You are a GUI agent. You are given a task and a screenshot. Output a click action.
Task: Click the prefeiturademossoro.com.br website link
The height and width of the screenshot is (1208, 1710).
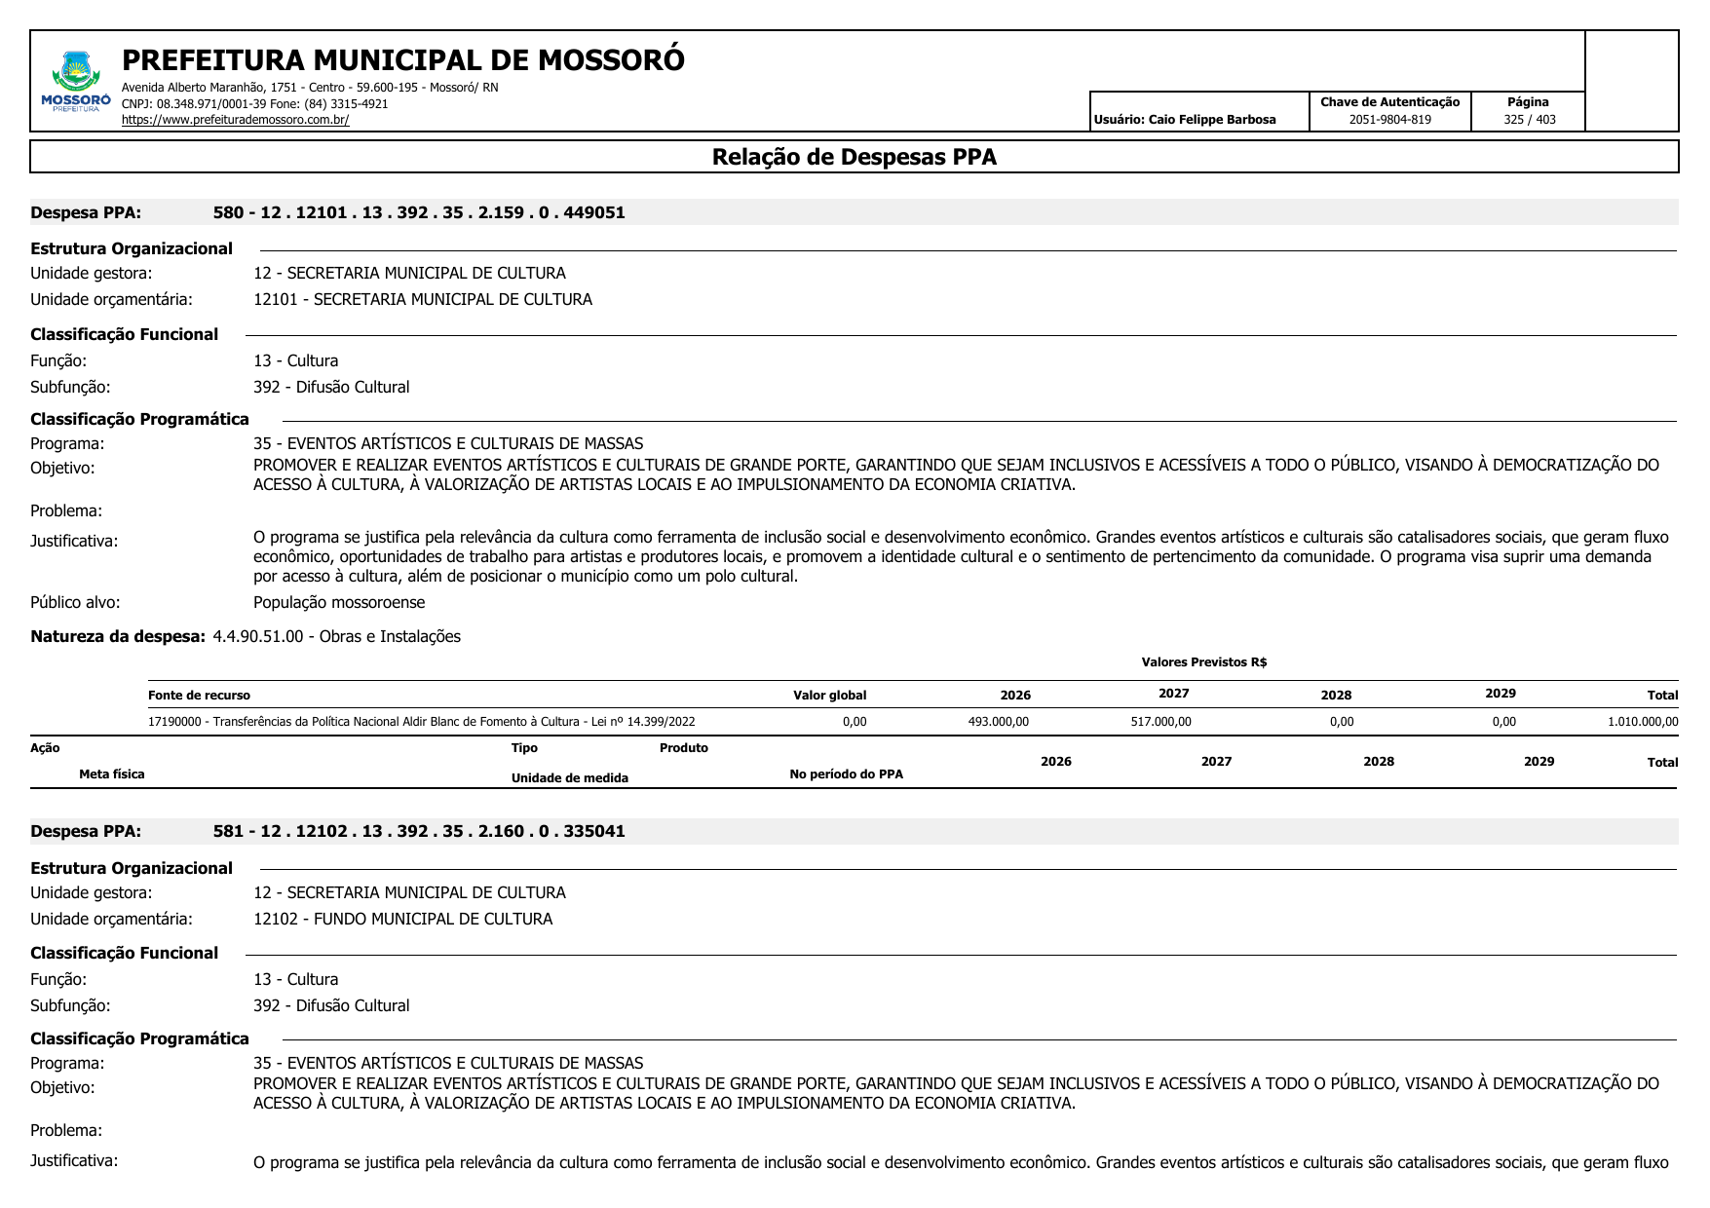[235, 120]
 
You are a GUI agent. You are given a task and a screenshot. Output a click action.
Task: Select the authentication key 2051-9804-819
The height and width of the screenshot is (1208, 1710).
[1389, 120]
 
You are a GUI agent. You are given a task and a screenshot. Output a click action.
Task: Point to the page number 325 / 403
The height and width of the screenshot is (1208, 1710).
[1529, 120]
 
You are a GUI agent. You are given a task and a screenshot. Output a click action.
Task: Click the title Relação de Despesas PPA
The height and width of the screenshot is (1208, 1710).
[854, 157]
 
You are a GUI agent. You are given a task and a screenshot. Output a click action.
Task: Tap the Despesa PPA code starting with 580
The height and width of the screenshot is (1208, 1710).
[419, 212]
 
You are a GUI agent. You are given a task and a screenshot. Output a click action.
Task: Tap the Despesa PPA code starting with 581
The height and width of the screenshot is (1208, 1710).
[419, 831]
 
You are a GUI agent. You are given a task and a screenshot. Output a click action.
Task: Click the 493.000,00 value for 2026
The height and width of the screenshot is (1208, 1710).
[998, 722]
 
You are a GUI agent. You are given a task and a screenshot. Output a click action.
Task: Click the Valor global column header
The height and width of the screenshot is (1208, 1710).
[829, 696]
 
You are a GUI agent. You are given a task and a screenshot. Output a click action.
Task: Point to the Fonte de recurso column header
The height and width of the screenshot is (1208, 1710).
[199, 696]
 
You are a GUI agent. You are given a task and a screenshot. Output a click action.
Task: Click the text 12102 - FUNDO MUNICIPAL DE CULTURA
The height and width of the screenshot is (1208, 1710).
[402, 919]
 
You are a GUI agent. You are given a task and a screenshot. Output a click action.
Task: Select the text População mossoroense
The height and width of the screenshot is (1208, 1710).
[339, 602]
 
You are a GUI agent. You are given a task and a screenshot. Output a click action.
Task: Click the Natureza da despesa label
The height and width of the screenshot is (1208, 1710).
[118, 636]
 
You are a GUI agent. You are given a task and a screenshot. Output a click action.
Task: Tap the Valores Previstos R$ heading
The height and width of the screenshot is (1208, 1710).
[1203, 662]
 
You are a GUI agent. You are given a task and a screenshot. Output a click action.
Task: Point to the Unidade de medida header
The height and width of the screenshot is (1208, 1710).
[569, 777]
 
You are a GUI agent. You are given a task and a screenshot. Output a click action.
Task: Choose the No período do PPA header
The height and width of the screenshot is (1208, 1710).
[846, 774]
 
